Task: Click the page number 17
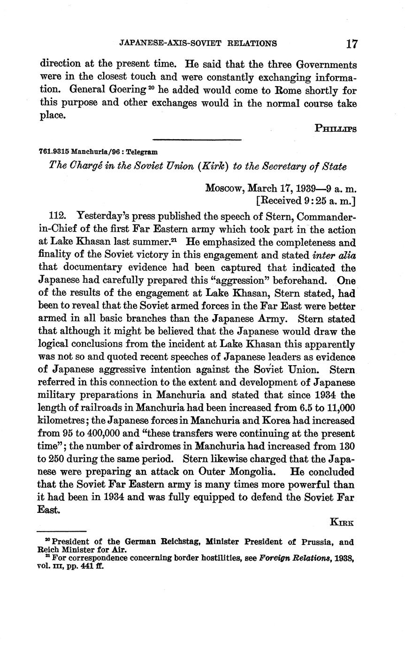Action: (x=352, y=44)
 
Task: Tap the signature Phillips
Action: (x=335, y=128)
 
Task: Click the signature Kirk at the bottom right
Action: (x=343, y=522)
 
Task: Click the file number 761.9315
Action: (x=53, y=152)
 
